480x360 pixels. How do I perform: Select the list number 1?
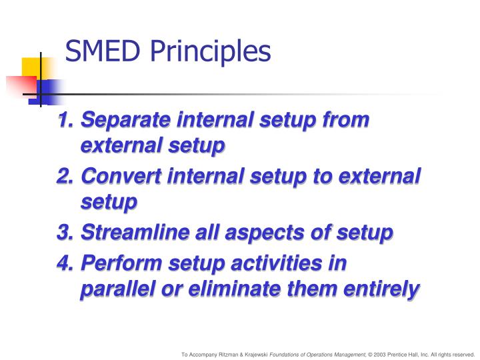(x=65, y=120)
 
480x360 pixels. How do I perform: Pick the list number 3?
(x=65, y=233)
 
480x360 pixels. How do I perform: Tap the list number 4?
(x=65, y=263)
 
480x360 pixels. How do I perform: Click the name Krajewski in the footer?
(x=257, y=354)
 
